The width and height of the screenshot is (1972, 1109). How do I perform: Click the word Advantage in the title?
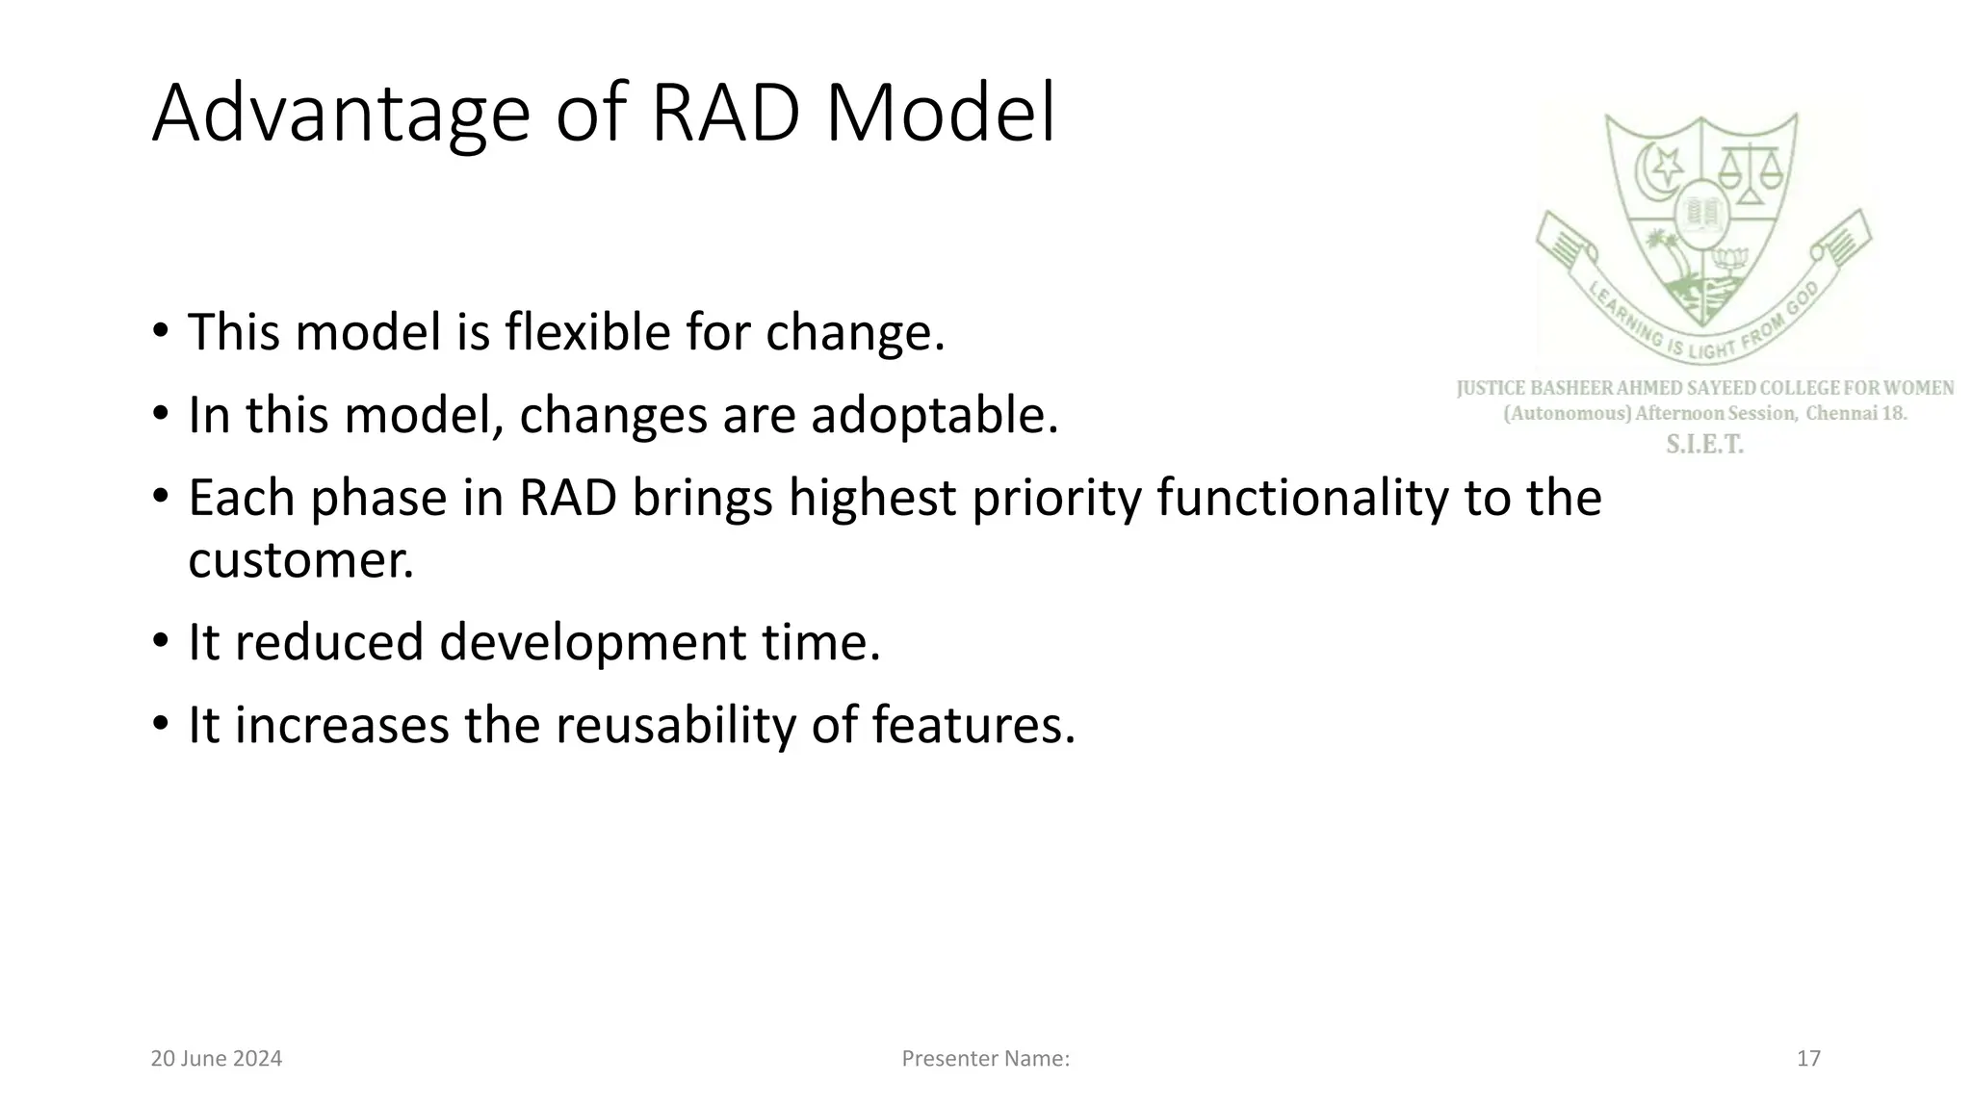[340, 116]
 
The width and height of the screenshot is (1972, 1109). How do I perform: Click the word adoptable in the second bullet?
[934, 416]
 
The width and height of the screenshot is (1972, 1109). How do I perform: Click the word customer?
[300, 560]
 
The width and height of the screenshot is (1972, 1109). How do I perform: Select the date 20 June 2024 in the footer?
[217, 1059]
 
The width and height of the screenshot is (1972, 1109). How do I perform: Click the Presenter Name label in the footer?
[985, 1059]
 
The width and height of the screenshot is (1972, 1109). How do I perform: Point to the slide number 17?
[1808, 1059]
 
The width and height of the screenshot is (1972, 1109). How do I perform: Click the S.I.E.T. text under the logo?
[1704, 445]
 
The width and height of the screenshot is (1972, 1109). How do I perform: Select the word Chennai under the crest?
[1842, 414]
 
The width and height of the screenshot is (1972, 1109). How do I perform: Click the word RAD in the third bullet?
[567, 499]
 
